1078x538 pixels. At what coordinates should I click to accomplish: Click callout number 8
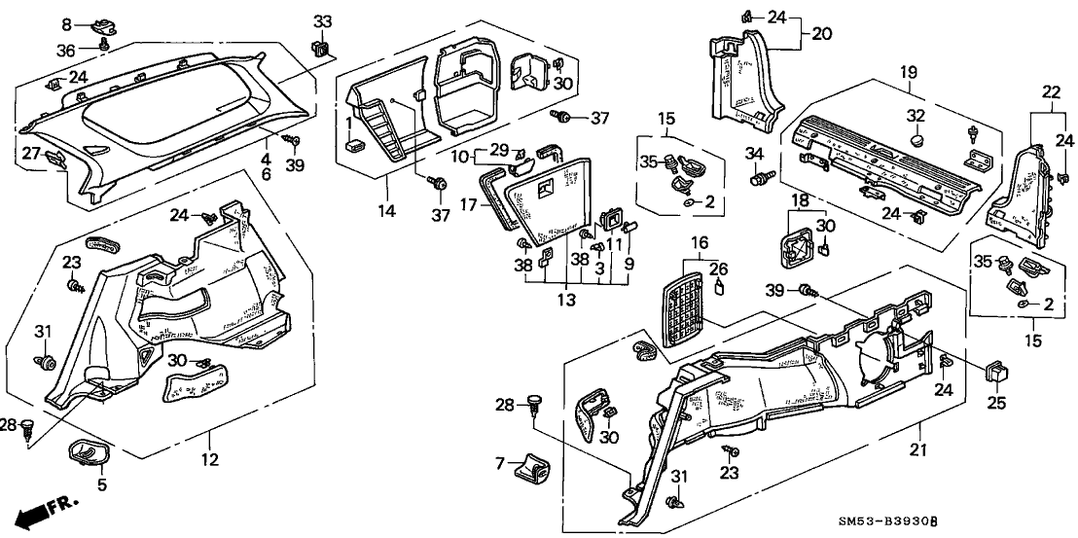click(x=66, y=23)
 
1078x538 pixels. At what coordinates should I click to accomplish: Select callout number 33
click(x=322, y=21)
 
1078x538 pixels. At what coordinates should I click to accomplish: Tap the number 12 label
click(x=211, y=458)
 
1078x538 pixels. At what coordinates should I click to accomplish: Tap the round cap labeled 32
click(x=916, y=142)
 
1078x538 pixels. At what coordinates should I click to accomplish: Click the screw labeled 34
click(x=759, y=179)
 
